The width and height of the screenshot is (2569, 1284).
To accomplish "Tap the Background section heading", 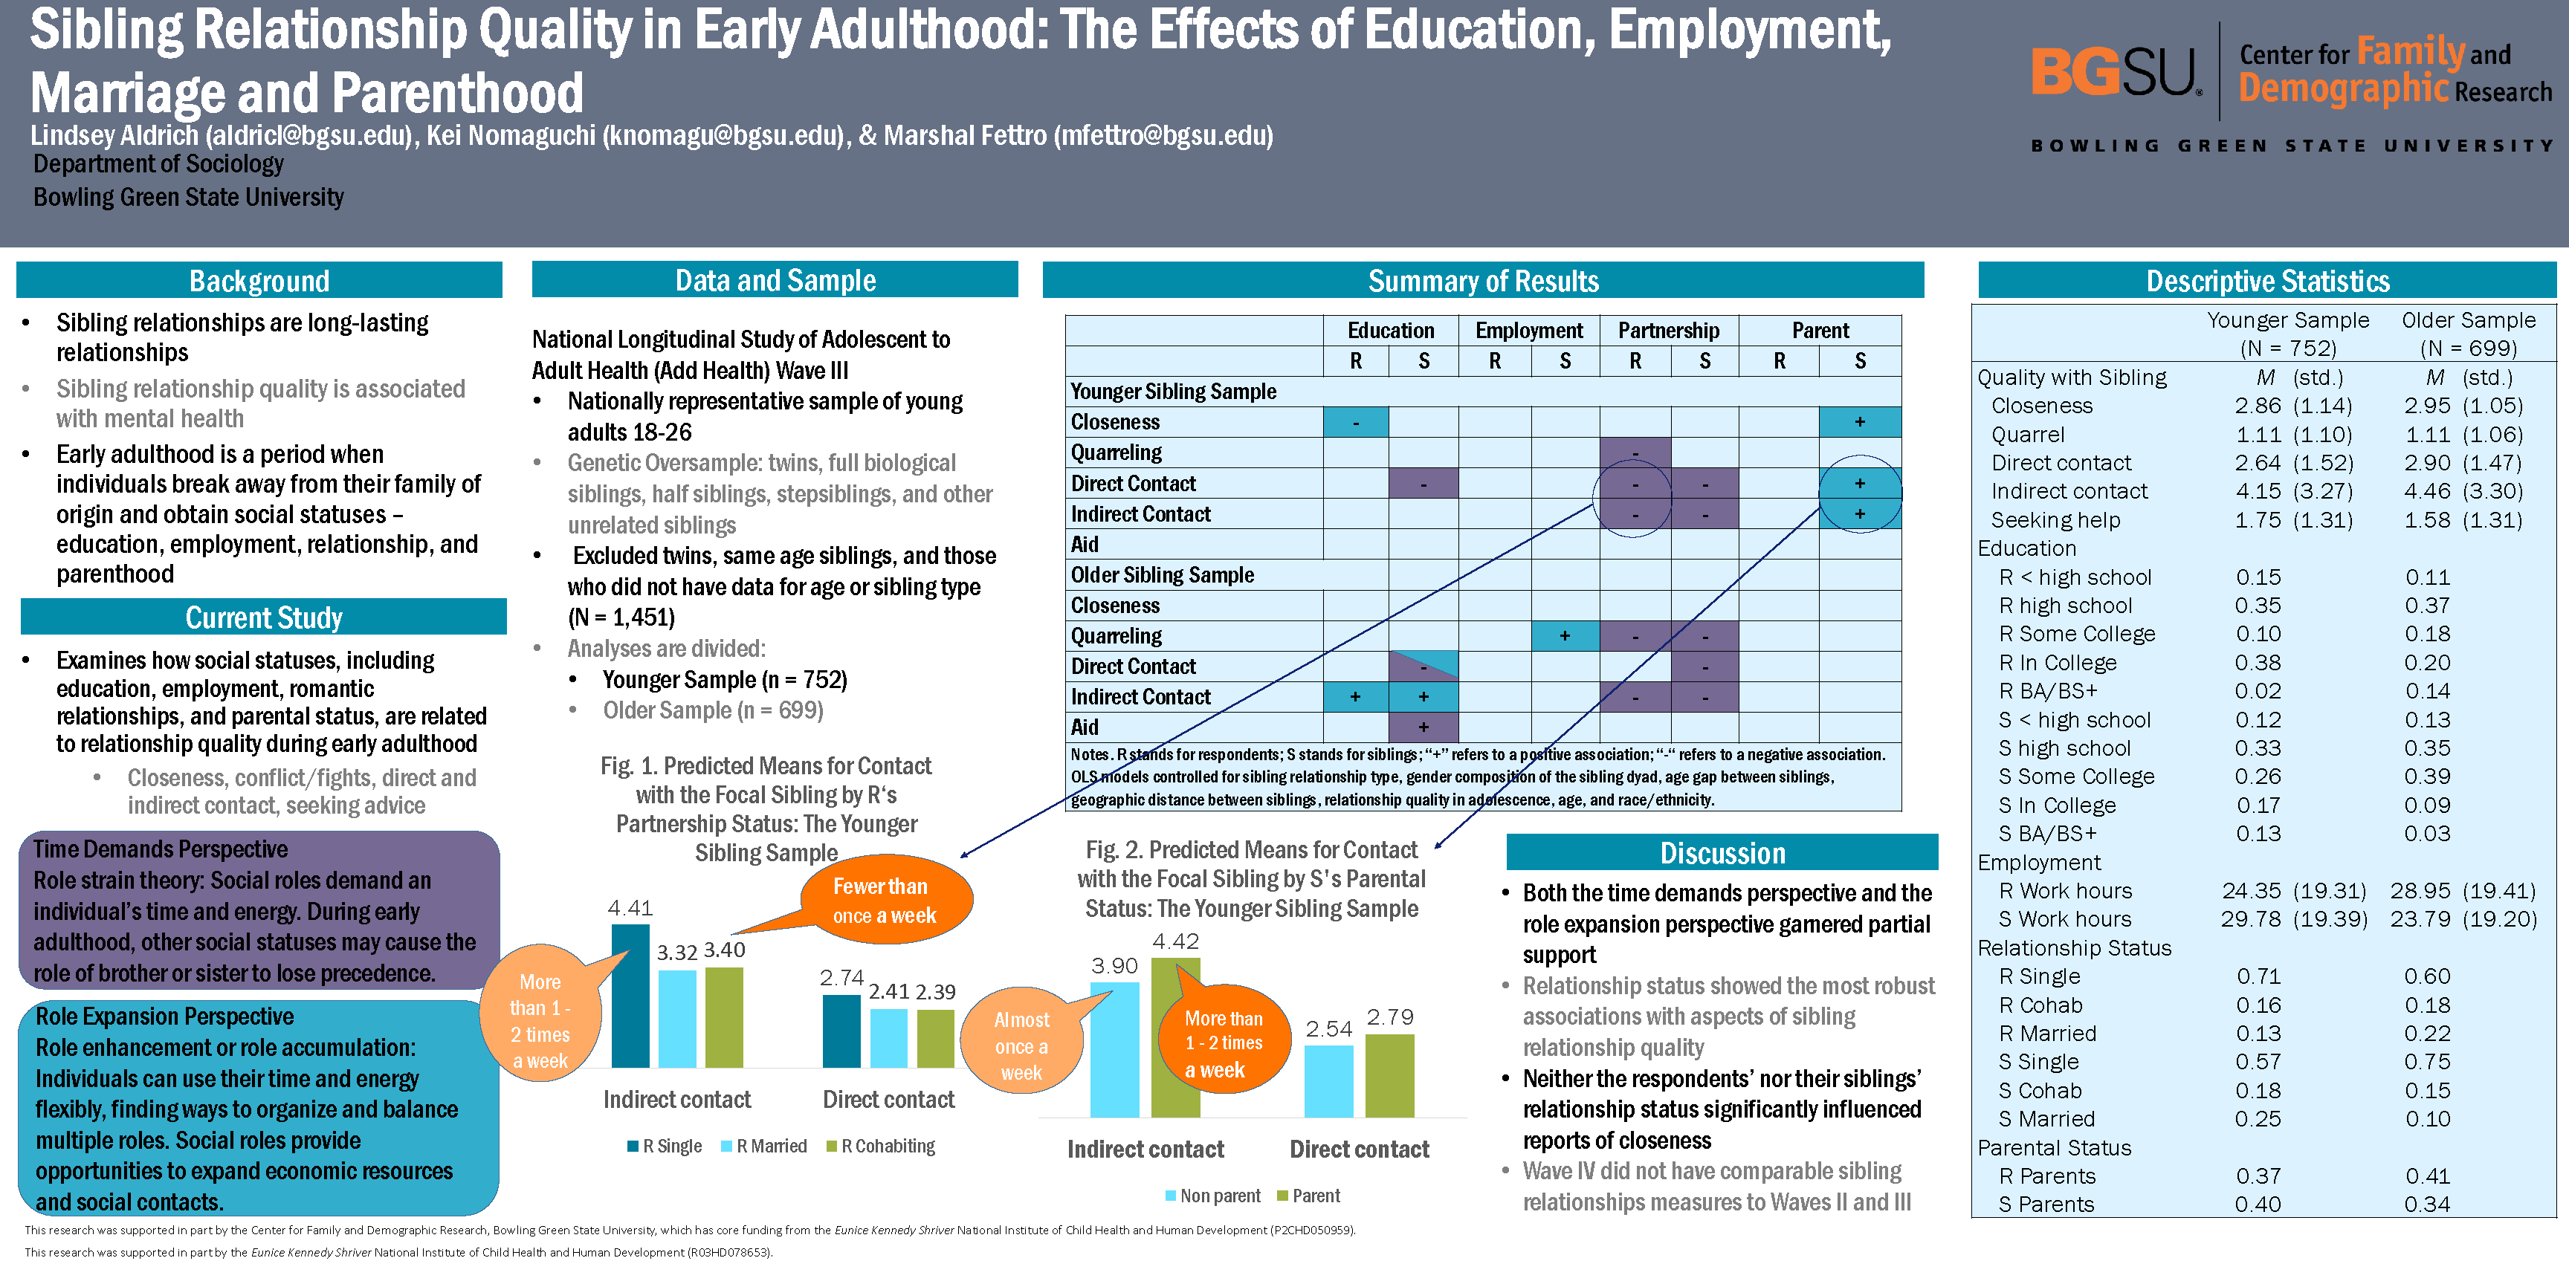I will [x=259, y=281].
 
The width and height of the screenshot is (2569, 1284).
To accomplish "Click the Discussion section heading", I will [x=1722, y=853].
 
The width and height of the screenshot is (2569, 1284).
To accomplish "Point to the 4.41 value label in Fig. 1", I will [x=630, y=908].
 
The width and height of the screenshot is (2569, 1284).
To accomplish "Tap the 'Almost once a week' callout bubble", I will [x=1021, y=1045].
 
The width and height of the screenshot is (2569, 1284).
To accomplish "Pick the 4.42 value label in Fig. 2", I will [x=1176, y=941].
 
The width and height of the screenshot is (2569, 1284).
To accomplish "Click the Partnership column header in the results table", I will [x=1669, y=331].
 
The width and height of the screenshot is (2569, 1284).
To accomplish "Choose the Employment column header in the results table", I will [x=1529, y=331].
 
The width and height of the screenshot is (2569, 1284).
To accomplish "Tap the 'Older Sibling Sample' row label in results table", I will [x=1163, y=575].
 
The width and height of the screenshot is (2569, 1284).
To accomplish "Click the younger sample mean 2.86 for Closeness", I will [x=2258, y=406].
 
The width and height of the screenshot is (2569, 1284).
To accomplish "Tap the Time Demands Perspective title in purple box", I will [x=161, y=849].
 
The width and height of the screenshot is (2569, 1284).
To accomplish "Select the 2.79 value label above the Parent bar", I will [x=1390, y=1016].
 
